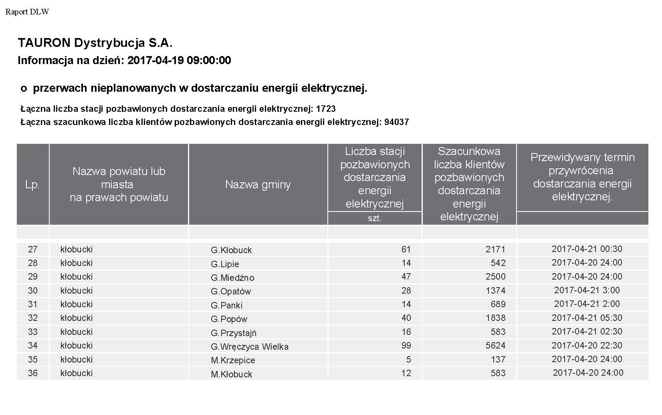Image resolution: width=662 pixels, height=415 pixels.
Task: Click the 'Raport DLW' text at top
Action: pos(27,12)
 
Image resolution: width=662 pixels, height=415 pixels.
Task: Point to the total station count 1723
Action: pos(325,109)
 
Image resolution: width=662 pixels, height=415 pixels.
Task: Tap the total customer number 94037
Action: pos(396,122)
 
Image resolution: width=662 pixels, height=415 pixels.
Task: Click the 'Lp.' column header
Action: pos(32,185)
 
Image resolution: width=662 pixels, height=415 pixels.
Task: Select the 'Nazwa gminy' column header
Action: pos(258,185)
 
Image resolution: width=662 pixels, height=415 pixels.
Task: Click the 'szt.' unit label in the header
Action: pos(375,218)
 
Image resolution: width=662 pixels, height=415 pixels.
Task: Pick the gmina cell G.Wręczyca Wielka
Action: pos(250,347)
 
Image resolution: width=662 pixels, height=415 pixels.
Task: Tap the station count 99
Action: pos(406,345)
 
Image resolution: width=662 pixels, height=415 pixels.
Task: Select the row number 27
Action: pos(32,249)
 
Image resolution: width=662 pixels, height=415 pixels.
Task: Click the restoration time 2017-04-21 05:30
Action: pos(587,318)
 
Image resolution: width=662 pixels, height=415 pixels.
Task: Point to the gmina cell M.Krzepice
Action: pos(233,360)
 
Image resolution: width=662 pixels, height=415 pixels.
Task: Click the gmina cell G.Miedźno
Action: pos(232,278)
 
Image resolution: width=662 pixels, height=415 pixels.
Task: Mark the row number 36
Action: pos(32,373)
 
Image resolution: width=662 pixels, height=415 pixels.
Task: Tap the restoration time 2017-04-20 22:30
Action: pos(587,345)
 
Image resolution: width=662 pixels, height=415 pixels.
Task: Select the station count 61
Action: pos(406,249)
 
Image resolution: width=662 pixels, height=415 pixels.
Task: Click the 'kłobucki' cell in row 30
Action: pos(77,290)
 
